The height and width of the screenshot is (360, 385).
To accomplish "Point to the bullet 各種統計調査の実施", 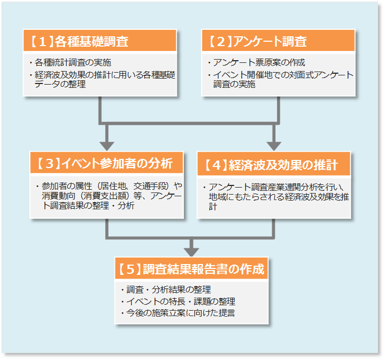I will click(73, 62).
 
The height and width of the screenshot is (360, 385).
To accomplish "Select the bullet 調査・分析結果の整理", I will click(165, 289).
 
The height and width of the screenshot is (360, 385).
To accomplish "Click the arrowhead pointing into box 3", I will click(107, 145).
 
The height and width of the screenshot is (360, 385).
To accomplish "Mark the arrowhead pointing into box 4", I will click(274, 145).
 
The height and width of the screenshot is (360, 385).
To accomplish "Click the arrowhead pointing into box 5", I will click(191, 250).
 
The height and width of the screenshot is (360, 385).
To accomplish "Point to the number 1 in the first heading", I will click(42, 41).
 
